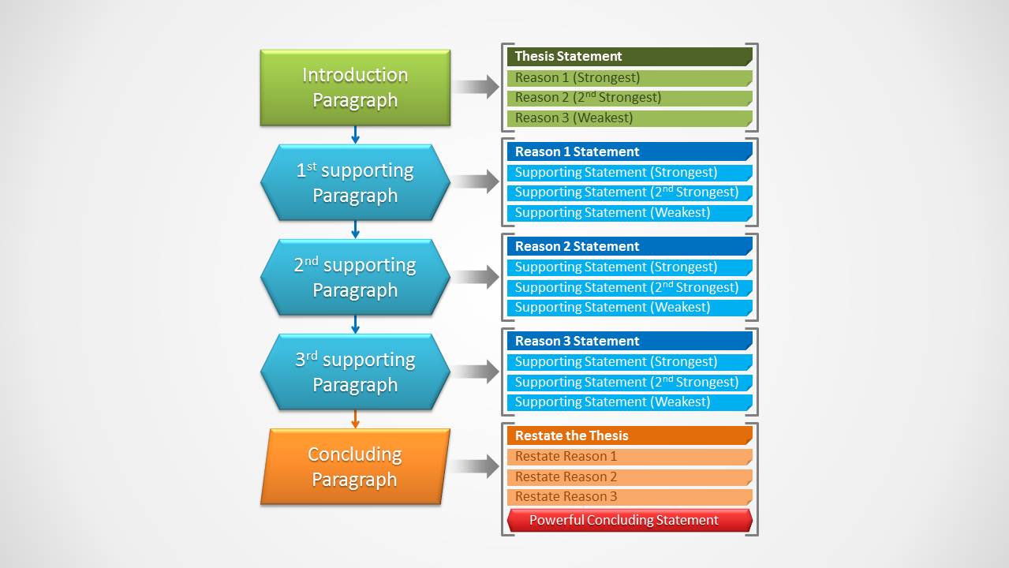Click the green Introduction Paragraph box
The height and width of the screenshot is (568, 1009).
click(x=355, y=88)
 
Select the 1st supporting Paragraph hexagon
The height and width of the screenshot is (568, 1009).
click(x=355, y=182)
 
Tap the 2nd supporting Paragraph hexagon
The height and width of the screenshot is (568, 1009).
click(x=355, y=277)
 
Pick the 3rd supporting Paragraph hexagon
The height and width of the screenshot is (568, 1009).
click(x=355, y=372)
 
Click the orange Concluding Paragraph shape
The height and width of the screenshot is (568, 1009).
click(x=355, y=466)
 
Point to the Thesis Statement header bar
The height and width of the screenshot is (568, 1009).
click(x=629, y=56)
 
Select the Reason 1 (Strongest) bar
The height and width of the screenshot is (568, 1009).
click(x=629, y=77)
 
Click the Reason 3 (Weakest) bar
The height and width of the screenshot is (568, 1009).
click(x=629, y=118)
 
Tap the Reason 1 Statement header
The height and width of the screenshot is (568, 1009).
click(x=629, y=151)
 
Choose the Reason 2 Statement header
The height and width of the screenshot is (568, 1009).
click(x=629, y=246)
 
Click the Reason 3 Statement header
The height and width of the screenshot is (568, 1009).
click(x=629, y=341)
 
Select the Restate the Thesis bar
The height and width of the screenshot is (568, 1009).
click(x=629, y=435)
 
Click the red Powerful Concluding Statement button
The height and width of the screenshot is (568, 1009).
click(x=629, y=520)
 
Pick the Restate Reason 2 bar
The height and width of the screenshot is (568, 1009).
click(x=629, y=476)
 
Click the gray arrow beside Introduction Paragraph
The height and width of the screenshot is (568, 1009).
click(x=476, y=87)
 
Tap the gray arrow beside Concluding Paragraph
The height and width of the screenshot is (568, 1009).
click(x=476, y=466)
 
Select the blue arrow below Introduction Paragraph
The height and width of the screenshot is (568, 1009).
click(x=355, y=135)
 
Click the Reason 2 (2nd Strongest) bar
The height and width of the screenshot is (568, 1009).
click(x=629, y=98)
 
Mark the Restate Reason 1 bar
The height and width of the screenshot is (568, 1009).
click(x=629, y=456)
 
